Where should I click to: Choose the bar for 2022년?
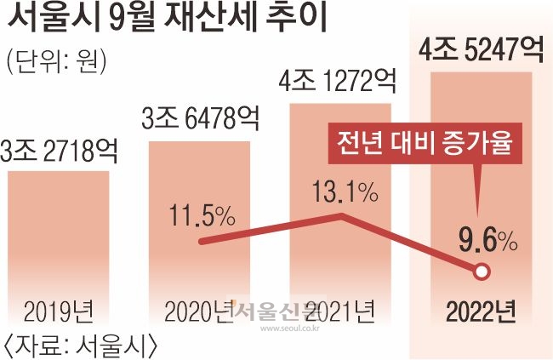(x=482, y=170)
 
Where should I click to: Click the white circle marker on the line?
(x=482, y=272)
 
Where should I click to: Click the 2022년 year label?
(x=481, y=312)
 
